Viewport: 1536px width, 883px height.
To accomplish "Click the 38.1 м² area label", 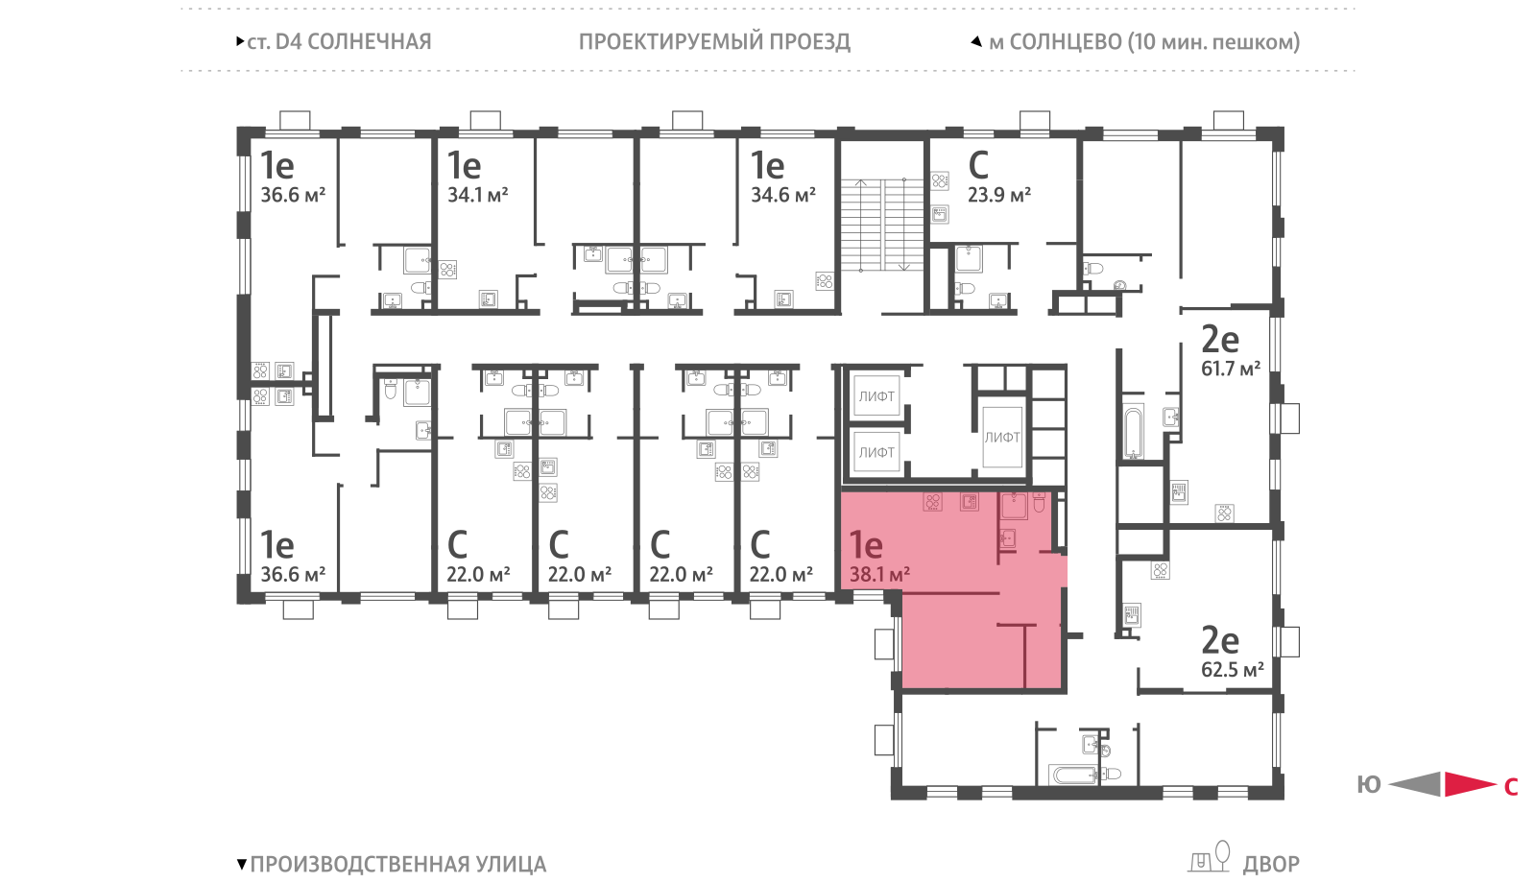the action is pyautogui.click(x=879, y=574).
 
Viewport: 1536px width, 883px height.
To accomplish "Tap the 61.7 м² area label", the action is pyautogui.click(x=1231, y=369).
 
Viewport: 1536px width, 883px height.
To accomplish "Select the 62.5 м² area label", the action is pyautogui.click(x=1233, y=669).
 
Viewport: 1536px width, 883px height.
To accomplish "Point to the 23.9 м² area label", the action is pyautogui.click(x=999, y=195).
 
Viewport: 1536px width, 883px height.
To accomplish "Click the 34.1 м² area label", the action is pyautogui.click(x=478, y=195).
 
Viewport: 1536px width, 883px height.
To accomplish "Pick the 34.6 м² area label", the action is pyautogui.click(x=783, y=195).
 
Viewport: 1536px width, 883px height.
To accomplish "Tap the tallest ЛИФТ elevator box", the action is pyautogui.click(x=1002, y=438).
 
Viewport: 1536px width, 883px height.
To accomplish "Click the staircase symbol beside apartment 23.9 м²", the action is pyautogui.click(x=882, y=225).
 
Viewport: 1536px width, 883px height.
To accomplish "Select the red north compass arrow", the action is pyautogui.click(x=1470, y=784).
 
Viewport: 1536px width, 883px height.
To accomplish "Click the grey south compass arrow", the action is pyautogui.click(x=1415, y=784).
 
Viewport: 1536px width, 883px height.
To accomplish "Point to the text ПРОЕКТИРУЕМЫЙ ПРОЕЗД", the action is pyautogui.click(x=714, y=42).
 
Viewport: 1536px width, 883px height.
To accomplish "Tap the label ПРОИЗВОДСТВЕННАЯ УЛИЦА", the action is pyautogui.click(x=398, y=865).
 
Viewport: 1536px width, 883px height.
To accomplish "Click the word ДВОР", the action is pyautogui.click(x=1271, y=865).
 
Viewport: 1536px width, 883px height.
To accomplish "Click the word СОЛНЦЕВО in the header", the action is pyautogui.click(x=1067, y=42).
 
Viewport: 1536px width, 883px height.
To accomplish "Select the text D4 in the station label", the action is pyautogui.click(x=288, y=42).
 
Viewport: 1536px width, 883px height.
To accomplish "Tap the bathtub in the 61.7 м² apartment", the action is pyautogui.click(x=1133, y=433).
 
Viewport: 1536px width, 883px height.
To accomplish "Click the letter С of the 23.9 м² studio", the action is pyautogui.click(x=978, y=165).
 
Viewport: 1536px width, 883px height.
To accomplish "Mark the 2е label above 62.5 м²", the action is pyautogui.click(x=1220, y=640).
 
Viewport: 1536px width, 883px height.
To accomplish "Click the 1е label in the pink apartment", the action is pyautogui.click(x=865, y=545).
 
